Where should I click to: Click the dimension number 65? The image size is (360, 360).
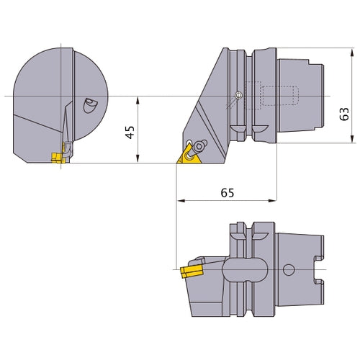pyautogui.click(x=227, y=193)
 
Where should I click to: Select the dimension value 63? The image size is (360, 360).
pyautogui.click(x=344, y=114)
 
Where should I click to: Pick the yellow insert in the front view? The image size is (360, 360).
pyautogui.click(x=57, y=156)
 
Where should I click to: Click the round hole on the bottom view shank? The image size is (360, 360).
pyautogui.click(x=289, y=271)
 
